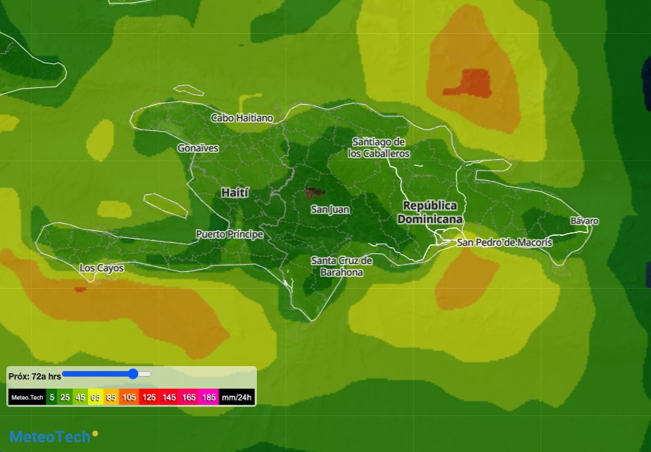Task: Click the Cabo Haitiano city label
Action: click(241, 118)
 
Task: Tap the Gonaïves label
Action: click(198, 149)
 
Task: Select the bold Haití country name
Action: click(235, 192)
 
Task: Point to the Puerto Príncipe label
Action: click(229, 234)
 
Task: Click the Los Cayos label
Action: click(101, 268)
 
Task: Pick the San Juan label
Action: click(330, 209)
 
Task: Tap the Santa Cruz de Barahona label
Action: click(341, 266)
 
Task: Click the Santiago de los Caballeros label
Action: click(379, 147)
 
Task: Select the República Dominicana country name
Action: click(430, 212)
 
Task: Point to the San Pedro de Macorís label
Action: click(505, 242)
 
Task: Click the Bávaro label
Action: click(584, 221)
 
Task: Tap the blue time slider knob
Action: click(133, 374)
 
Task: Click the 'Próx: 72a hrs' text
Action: click(34, 377)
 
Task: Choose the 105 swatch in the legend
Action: click(129, 398)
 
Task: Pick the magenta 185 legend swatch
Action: click(209, 398)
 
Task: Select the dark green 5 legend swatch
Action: click(51, 398)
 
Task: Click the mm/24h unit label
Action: click(236, 398)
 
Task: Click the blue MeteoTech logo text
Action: click(49, 437)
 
